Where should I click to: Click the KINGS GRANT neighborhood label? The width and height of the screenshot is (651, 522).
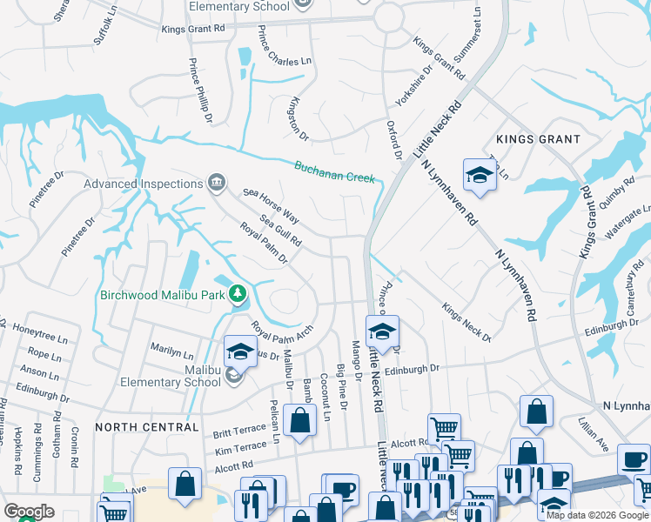pyautogui.click(x=537, y=139)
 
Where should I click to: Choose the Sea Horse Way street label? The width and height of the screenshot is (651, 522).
pyautogui.click(x=271, y=205)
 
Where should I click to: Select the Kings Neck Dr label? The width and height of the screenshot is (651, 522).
pyautogui.click(x=466, y=323)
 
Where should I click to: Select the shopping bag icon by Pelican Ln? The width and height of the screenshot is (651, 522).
pyautogui.click(x=300, y=421)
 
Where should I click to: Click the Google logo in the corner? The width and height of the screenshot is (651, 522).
pyautogui.click(x=29, y=512)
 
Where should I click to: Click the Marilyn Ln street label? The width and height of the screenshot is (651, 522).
pyautogui.click(x=171, y=351)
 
